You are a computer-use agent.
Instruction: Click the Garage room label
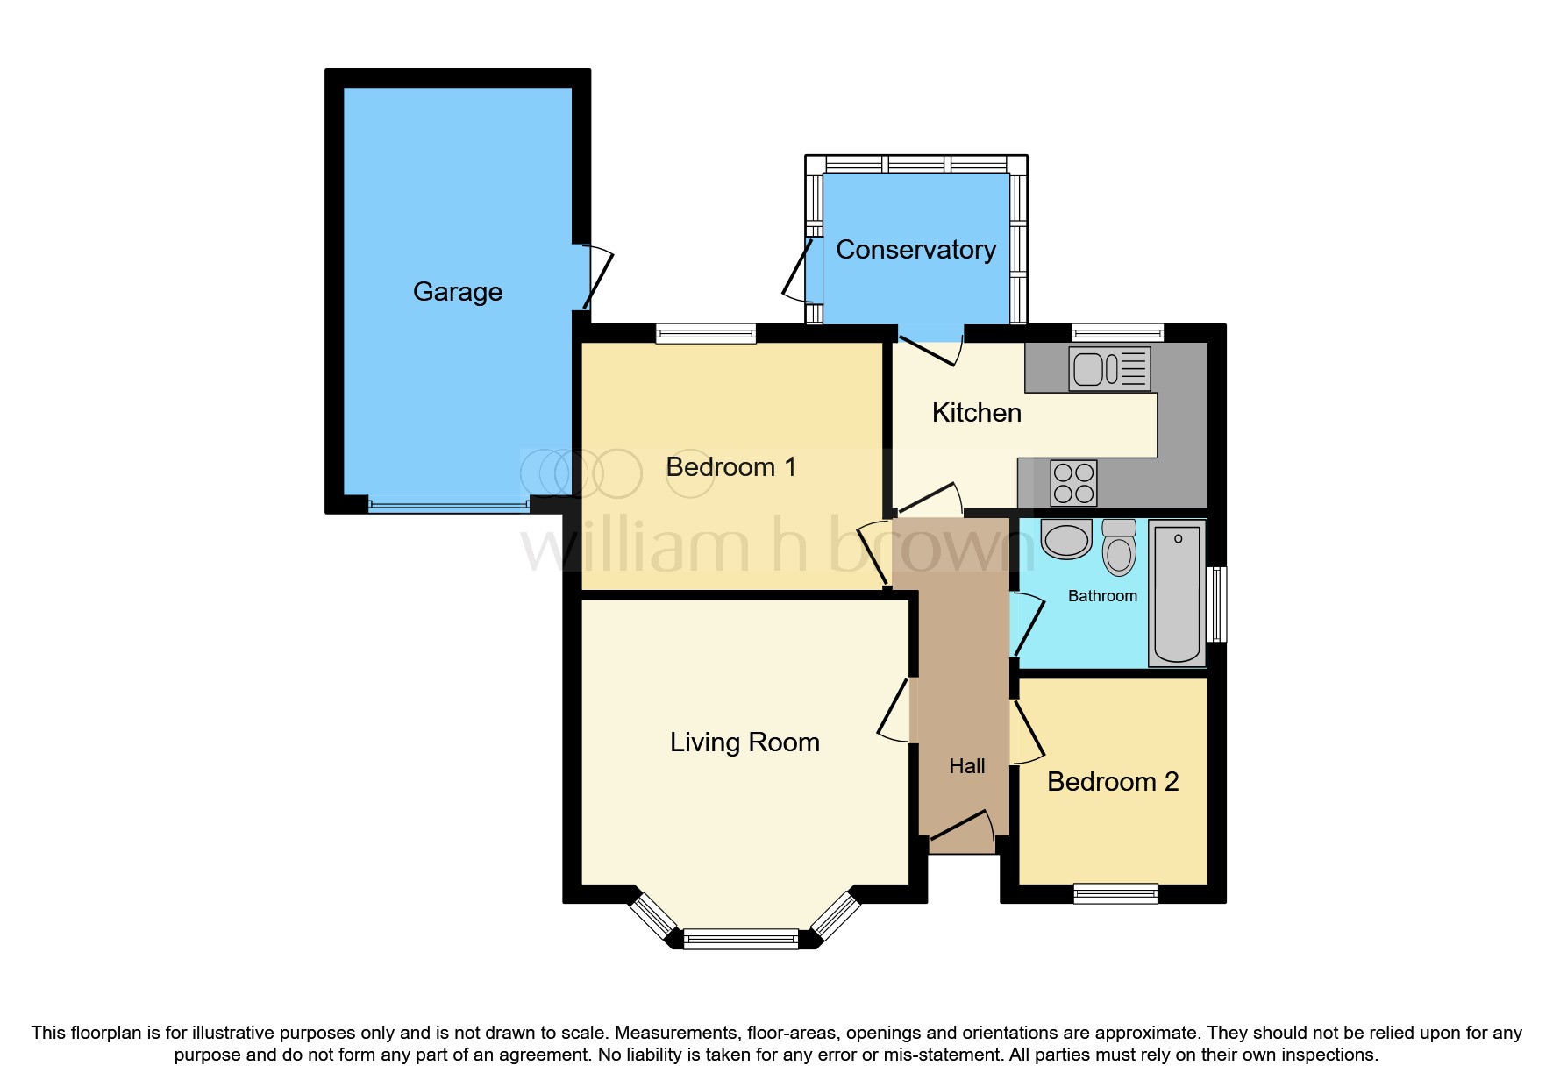[x=457, y=291]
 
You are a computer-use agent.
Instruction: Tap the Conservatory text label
[x=915, y=250]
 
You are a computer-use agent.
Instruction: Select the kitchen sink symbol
[x=1109, y=368]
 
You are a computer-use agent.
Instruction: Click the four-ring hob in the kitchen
[x=1073, y=483]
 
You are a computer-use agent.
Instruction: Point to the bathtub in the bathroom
[x=1177, y=593]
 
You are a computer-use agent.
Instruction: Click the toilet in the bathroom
[x=1119, y=547]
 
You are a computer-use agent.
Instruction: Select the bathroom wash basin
[x=1066, y=538]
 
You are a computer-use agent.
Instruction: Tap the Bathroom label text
[x=1102, y=596]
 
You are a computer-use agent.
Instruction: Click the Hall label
[x=966, y=766]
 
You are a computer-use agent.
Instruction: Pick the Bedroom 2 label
[x=1112, y=781]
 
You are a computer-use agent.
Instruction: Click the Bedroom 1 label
[x=730, y=467]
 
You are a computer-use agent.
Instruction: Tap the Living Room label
[x=744, y=742]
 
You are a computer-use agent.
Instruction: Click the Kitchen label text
[x=976, y=413]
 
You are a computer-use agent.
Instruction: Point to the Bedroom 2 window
[x=1115, y=893]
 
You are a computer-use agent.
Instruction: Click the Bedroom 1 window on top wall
[x=706, y=333]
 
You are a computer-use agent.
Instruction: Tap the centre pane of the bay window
[x=741, y=940]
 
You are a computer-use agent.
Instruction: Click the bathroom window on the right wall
[x=1217, y=604]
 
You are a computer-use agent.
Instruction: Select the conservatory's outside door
[x=799, y=272]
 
